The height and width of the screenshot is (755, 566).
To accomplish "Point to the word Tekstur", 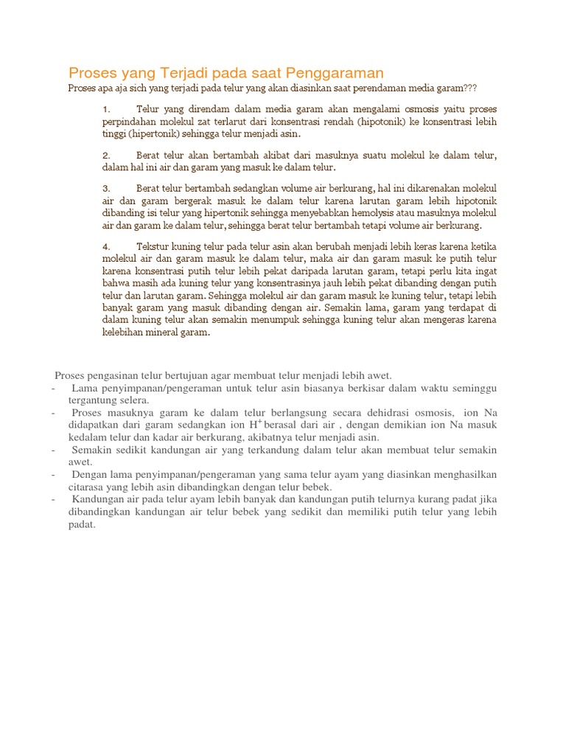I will tap(155, 246).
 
